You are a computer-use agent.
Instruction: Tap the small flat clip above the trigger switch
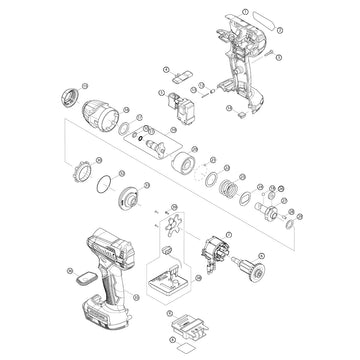click(181, 75)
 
